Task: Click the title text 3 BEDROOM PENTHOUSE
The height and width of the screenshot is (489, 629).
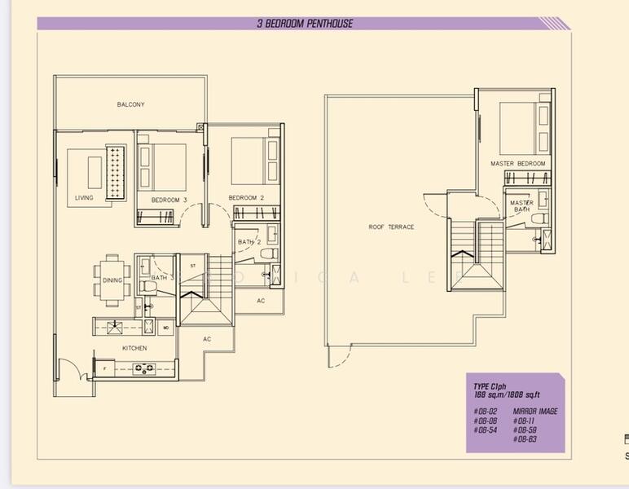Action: pos(305,24)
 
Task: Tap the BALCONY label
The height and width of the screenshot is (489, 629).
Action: pos(130,105)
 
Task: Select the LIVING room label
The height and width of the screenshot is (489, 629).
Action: pos(84,198)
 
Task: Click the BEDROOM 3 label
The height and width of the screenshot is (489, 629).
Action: pos(169,200)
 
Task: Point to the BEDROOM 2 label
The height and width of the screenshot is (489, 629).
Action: pos(246,198)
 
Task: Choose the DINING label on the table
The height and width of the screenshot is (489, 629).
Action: pos(112,280)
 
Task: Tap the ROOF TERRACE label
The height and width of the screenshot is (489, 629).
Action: pos(391,227)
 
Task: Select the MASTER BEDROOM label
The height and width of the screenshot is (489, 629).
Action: pos(517,164)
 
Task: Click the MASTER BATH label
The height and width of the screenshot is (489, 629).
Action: pos(521,207)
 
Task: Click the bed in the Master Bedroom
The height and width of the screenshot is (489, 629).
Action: pos(521,127)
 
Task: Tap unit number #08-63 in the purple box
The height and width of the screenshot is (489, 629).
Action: pos(525,439)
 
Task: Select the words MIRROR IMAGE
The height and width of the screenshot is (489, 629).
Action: pos(535,412)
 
